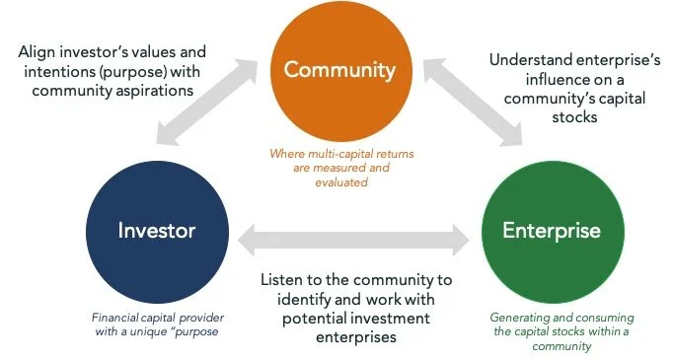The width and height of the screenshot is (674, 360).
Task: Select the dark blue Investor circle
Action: pyautogui.click(x=157, y=230)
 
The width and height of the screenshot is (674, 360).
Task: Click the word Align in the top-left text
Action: pyautogui.click(x=36, y=50)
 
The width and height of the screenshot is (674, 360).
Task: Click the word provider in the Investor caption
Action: pyautogui.click(x=184, y=319)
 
